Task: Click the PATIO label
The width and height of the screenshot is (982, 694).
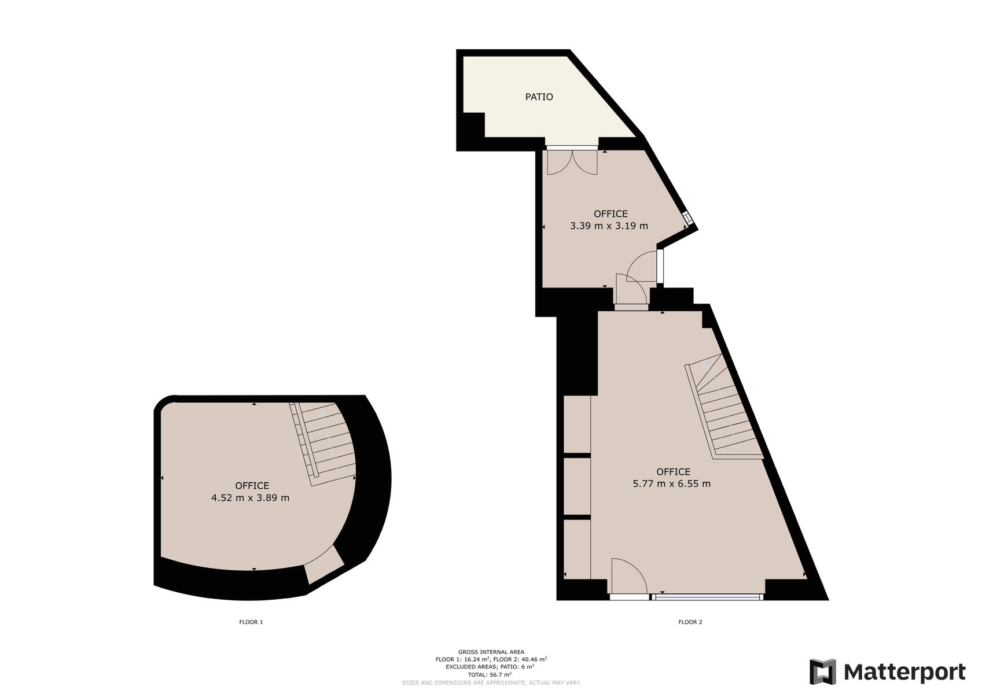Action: (x=539, y=97)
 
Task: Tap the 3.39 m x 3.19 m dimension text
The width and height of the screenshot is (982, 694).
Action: (x=609, y=226)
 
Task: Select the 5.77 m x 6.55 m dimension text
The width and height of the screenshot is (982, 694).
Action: (x=672, y=484)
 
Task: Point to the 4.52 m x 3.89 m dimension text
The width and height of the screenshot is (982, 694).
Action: (x=251, y=498)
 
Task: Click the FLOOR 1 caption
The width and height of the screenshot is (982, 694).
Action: (x=251, y=622)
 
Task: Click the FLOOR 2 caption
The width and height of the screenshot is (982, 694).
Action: (x=690, y=622)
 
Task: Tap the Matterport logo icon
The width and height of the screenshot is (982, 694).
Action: (x=823, y=671)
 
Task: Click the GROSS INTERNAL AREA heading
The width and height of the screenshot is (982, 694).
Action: (x=491, y=652)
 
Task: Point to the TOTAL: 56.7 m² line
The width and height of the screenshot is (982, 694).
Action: (x=490, y=675)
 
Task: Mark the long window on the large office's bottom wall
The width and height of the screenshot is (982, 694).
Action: (x=708, y=597)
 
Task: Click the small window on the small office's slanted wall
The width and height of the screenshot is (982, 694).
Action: (x=689, y=218)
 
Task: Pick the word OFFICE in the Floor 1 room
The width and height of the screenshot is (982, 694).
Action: (x=252, y=486)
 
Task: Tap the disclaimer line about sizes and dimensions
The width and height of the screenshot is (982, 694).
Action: (x=491, y=682)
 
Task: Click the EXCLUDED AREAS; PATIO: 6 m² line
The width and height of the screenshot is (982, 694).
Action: (x=490, y=667)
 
